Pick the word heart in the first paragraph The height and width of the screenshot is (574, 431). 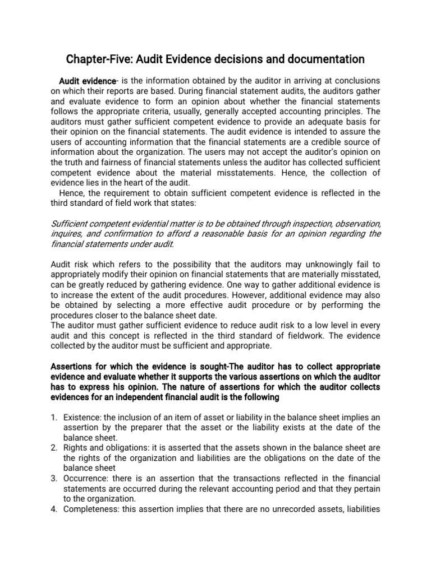pos(123,182)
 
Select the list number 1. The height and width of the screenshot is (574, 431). pos(54,417)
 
